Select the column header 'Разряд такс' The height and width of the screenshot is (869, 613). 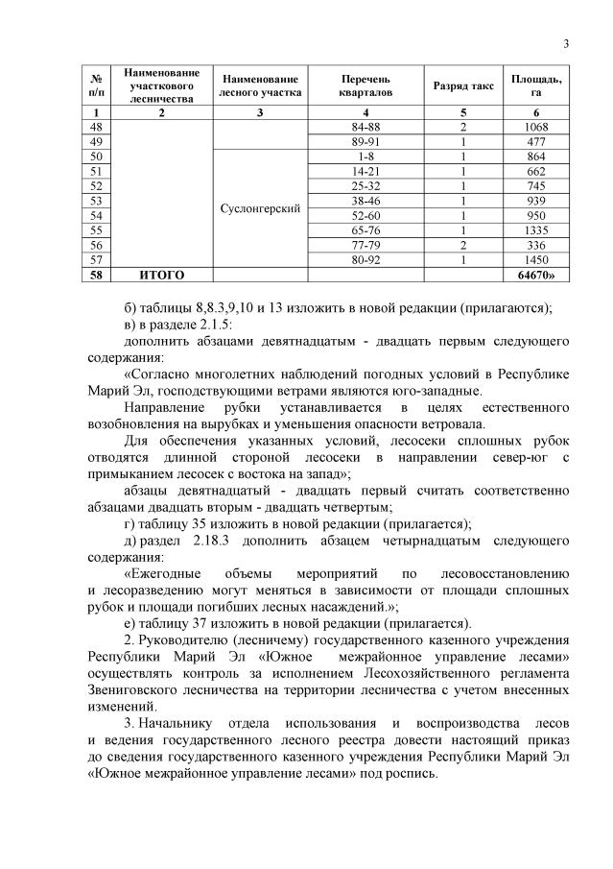point(462,85)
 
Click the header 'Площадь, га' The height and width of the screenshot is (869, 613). point(536,85)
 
